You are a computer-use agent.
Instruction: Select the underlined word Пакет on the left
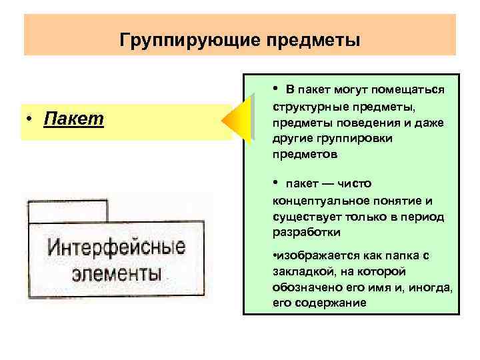click(74, 119)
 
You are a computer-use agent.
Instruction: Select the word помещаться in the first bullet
click(409, 90)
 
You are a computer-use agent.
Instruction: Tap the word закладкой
click(299, 272)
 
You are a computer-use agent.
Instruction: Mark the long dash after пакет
click(330, 184)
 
